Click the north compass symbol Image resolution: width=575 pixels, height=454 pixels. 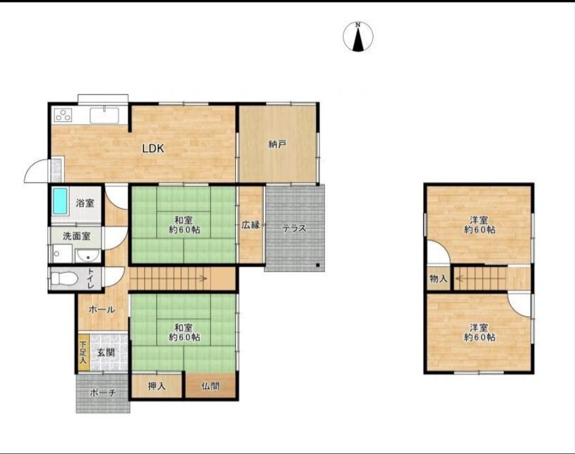point(358,37)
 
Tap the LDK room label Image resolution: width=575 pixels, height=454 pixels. point(153,149)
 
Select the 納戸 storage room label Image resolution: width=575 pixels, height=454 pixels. point(277,144)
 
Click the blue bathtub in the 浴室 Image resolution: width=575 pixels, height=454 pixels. point(60,201)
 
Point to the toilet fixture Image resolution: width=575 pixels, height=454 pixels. point(64,279)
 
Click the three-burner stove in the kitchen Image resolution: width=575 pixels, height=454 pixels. point(63,115)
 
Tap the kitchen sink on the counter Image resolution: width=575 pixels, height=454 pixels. point(104,115)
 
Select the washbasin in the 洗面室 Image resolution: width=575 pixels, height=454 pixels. point(87,256)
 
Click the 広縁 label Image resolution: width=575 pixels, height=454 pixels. point(251,225)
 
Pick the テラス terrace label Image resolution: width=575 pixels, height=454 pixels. point(294,228)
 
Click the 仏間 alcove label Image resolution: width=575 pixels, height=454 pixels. point(210,386)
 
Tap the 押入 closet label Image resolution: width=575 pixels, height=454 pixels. point(156,386)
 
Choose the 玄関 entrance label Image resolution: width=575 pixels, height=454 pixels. point(106,353)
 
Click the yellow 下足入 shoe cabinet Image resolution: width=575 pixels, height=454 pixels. point(83,352)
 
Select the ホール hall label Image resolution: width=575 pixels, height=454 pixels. point(102,310)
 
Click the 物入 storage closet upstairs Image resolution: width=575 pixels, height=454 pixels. point(438,279)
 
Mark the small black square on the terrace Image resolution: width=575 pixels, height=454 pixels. point(318,265)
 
